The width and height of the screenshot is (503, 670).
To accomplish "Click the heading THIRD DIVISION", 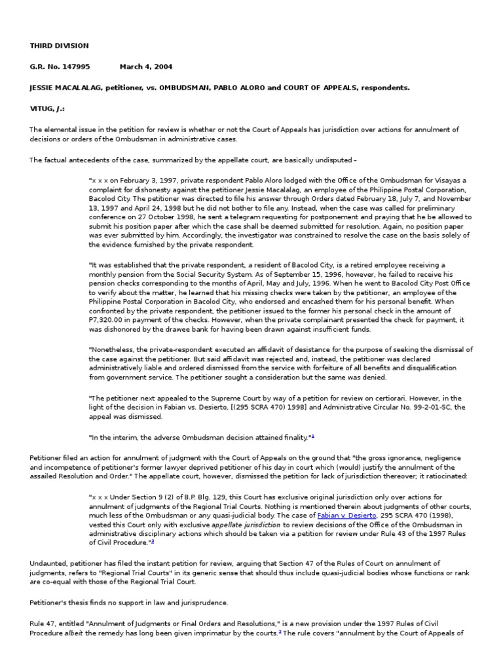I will tap(59, 45).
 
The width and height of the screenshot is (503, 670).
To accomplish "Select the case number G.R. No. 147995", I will tap(60, 66).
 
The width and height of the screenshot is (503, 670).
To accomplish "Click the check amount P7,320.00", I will tap(105, 321).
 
